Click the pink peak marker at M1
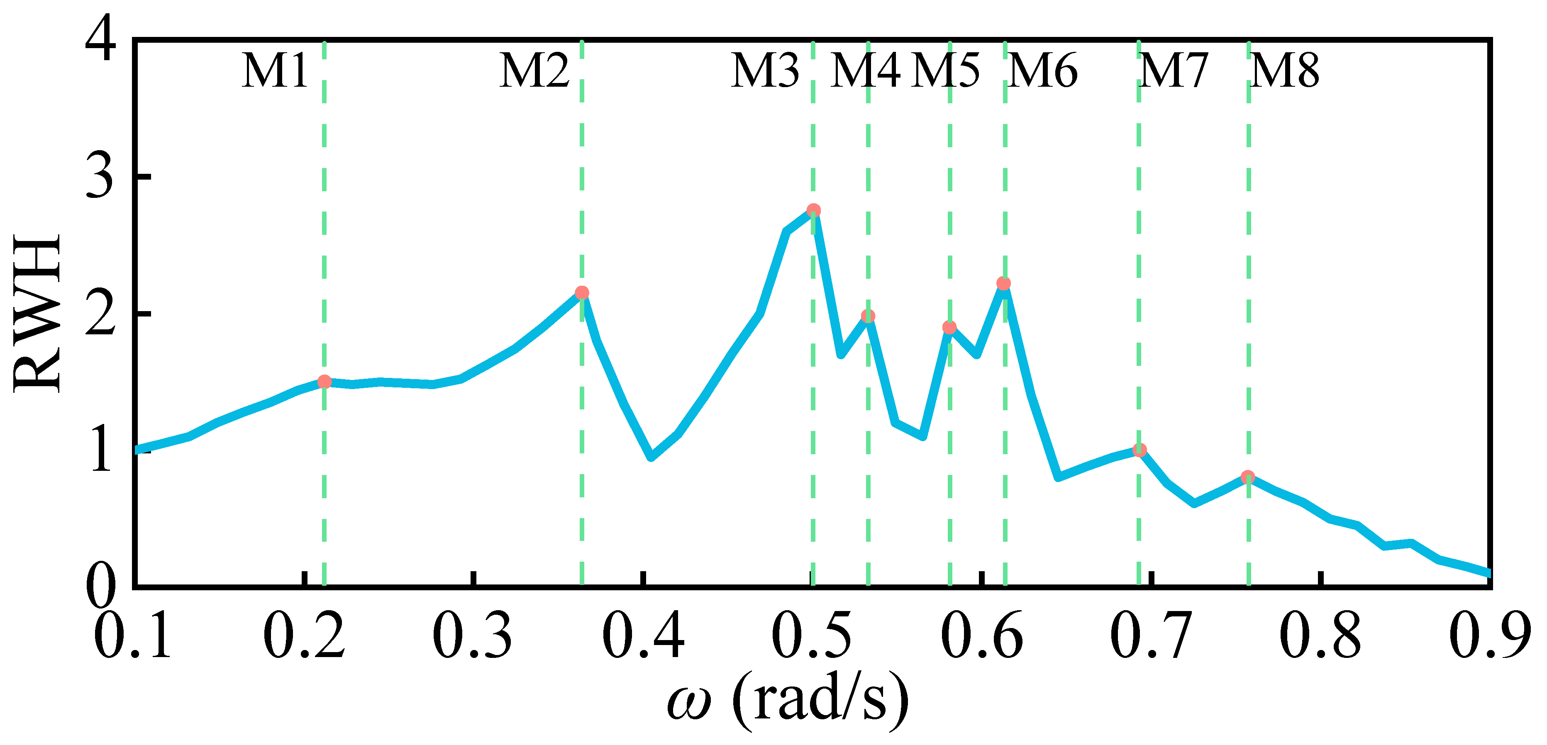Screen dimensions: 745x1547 [324, 382]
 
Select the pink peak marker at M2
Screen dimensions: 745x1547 [582, 293]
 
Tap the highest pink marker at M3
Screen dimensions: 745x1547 [814, 210]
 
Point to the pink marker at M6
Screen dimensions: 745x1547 [1003, 283]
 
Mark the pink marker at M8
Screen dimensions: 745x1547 [1248, 477]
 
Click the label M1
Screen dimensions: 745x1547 [275, 71]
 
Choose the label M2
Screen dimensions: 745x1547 [534, 71]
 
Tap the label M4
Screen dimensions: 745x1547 [865, 71]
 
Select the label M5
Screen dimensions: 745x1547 [945, 71]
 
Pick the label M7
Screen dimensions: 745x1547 [1173, 71]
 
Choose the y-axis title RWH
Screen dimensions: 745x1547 [37, 313]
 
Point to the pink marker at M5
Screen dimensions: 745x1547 [949, 327]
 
